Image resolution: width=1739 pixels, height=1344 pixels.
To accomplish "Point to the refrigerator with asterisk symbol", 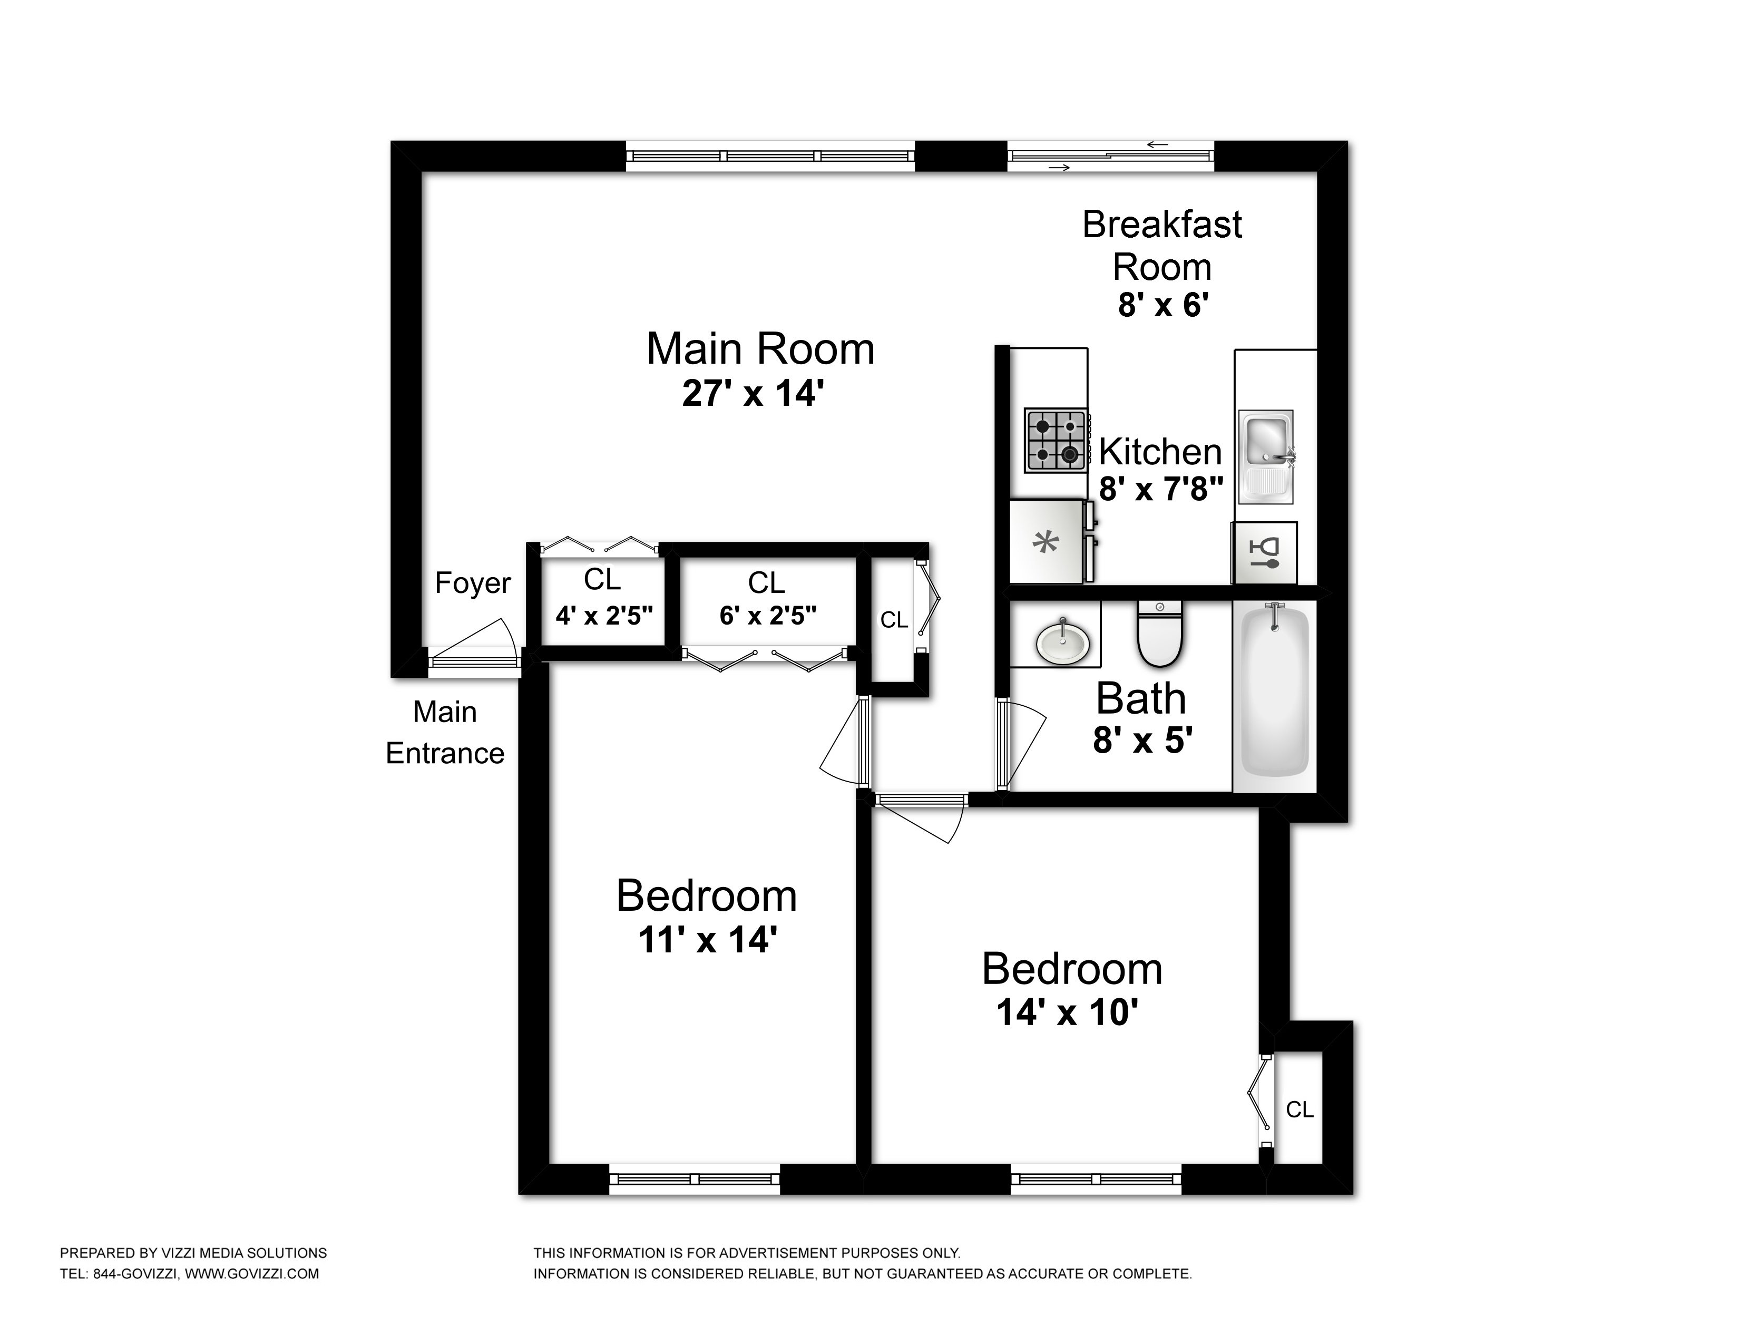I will (x=1046, y=542).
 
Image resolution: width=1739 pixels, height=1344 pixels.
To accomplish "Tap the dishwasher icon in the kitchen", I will (x=1264, y=552).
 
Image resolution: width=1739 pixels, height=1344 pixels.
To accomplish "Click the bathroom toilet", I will (x=1159, y=634).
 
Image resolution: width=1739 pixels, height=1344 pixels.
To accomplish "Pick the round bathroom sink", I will (x=1062, y=640).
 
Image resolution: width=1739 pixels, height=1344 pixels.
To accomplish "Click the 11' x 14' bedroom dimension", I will (x=707, y=940).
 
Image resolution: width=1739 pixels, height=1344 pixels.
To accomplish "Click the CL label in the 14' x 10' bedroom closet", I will (x=1298, y=1109).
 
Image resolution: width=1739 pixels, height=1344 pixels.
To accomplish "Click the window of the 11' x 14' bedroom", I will (x=695, y=1179).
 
